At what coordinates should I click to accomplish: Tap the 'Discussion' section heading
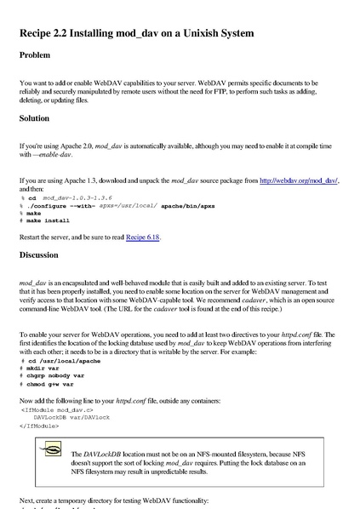pyautogui.click(x=44, y=254)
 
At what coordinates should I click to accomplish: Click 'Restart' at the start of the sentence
pyautogui.click(x=31, y=237)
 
